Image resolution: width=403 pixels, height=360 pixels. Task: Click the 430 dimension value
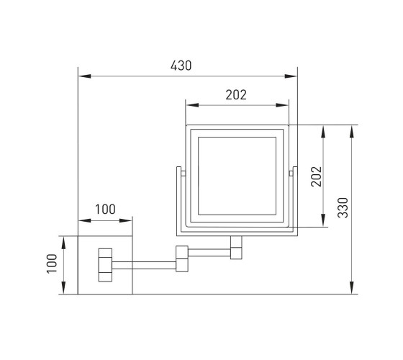(x=181, y=66)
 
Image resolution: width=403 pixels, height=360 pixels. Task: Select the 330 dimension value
(x=343, y=208)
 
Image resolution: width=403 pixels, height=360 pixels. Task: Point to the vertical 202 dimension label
(x=317, y=176)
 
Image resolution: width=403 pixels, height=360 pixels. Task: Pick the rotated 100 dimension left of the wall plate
(x=52, y=264)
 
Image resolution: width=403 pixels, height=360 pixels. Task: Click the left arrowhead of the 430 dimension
(x=85, y=76)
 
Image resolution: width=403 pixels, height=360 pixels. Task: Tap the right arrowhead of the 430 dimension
(x=291, y=76)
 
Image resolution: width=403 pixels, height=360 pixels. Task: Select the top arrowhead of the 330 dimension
(x=352, y=131)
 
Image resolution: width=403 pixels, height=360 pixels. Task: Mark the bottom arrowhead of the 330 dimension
(x=352, y=287)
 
